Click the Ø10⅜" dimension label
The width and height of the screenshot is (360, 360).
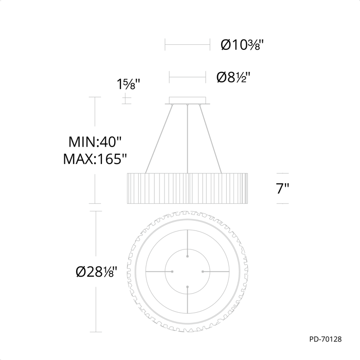242,45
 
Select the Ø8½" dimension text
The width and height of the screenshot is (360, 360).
233,77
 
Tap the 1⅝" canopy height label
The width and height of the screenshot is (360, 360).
129,84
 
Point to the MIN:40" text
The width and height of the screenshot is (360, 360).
95,141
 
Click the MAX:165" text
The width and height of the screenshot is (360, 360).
95,158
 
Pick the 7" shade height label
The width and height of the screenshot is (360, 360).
282,189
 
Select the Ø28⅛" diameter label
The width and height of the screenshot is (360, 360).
97,272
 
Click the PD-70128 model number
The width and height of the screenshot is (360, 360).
326,339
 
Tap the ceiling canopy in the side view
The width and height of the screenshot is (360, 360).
187,101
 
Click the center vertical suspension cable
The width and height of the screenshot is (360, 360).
188,139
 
